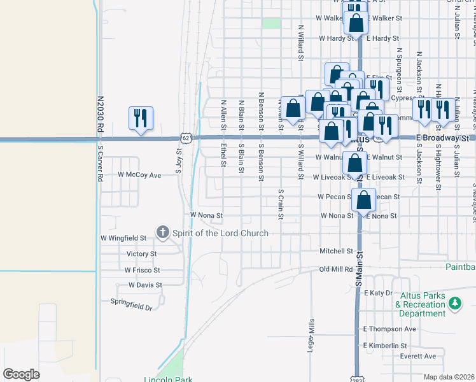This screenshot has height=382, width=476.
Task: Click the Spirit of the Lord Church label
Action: (220, 233)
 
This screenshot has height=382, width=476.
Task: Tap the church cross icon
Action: (163, 232)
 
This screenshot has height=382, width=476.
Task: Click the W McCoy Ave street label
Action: (139, 174)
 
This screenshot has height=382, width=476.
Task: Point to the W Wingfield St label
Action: (123, 237)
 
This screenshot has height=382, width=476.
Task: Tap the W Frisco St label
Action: (142, 270)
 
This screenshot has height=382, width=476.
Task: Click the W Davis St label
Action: (145, 285)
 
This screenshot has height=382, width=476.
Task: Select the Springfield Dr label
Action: (132, 304)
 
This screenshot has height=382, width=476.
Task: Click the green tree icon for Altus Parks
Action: (455, 304)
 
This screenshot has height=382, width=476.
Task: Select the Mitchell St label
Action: (336, 251)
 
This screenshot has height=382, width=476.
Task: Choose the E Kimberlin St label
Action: (385, 346)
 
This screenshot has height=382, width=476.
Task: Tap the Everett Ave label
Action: (418, 356)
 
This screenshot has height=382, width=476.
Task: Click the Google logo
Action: (21, 374)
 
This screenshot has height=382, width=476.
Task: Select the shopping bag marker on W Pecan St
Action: (363, 200)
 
